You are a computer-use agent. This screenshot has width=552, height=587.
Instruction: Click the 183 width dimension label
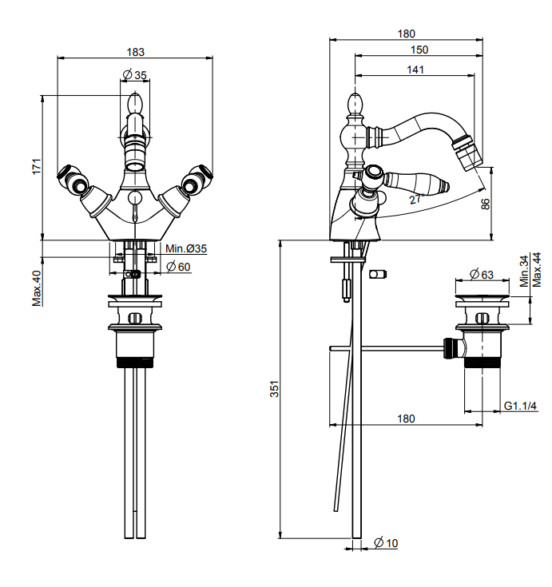click(x=135, y=52)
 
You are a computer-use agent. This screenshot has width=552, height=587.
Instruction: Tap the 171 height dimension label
click(x=36, y=166)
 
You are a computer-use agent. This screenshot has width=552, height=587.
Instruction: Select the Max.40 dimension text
click(x=37, y=288)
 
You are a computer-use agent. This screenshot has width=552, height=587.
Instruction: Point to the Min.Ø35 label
click(x=186, y=248)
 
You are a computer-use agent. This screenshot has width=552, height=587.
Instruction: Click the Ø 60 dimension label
click(x=178, y=267)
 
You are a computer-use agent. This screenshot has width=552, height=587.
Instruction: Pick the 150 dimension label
click(x=419, y=50)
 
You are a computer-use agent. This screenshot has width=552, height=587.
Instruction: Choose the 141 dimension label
click(x=415, y=69)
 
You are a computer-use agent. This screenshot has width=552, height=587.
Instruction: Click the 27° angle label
click(x=416, y=199)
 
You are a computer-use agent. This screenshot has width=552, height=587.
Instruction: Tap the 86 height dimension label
click(x=485, y=204)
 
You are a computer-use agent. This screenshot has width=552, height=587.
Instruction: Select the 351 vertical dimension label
click(x=275, y=389)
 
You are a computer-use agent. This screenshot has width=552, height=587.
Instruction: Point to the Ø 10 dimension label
click(x=386, y=543)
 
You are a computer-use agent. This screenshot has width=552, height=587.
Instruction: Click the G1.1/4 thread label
click(x=520, y=406)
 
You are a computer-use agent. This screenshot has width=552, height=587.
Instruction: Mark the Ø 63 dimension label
click(x=482, y=275)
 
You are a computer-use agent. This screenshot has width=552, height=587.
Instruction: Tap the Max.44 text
click(x=537, y=270)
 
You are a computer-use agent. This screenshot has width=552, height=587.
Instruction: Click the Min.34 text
click(x=524, y=271)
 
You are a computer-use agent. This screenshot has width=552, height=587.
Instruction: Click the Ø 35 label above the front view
click(x=134, y=75)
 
